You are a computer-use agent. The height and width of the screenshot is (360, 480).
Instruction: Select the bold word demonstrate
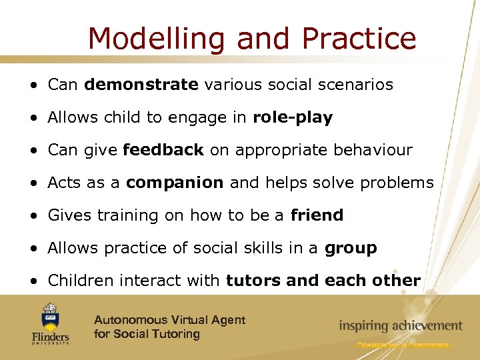[141, 85]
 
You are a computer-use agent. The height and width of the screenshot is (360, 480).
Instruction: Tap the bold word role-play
[293, 117]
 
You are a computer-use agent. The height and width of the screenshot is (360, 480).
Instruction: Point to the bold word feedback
[163, 150]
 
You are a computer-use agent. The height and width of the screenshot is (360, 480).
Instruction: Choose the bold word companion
[175, 183]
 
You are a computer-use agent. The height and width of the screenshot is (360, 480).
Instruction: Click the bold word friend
[317, 215]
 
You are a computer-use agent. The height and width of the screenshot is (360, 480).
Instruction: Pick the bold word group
[351, 249]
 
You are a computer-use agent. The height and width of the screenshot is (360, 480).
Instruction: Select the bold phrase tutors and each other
[323, 281]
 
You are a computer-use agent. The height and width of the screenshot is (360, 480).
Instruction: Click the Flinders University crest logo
[50, 315]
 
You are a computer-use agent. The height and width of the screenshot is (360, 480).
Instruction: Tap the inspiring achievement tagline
[400, 325]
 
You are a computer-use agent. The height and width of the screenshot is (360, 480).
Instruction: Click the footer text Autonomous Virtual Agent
[169, 320]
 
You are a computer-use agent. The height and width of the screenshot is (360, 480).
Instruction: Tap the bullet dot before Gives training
[33, 216]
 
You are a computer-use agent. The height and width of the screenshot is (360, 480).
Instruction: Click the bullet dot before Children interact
[33, 281]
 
